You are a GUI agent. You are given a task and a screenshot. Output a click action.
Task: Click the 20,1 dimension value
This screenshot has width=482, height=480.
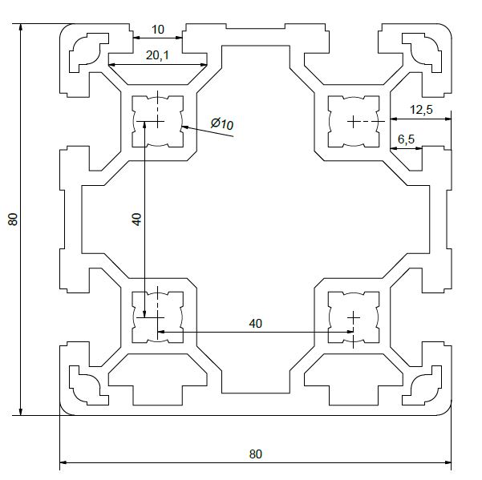[x=157, y=55]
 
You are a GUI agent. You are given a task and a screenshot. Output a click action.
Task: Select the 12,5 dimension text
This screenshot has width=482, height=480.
[x=421, y=110]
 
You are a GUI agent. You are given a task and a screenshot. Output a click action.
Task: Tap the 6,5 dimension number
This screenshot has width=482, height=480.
[x=406, y=139]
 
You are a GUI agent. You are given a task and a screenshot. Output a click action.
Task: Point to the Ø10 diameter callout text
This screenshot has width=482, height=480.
[x=222, y=123]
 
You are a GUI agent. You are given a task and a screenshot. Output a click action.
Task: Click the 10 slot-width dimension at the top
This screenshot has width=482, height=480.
[x=158, y=30]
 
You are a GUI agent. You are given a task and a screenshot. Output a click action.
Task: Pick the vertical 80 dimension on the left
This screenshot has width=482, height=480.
[x=14, y=219]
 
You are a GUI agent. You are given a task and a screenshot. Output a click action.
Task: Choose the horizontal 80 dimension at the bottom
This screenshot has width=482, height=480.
[x=256, y=454]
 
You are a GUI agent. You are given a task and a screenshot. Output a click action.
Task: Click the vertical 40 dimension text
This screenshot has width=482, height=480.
[x=137, y=220]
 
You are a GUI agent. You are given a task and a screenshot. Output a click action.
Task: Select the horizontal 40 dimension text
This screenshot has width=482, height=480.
[x=256, y=324]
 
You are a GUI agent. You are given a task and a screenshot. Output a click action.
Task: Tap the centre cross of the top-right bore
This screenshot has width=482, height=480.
[x=353, y=122]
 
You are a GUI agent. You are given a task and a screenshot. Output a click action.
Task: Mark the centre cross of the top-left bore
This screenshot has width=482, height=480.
[x=158, y=121]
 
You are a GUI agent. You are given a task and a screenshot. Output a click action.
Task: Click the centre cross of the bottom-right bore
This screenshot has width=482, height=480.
[x=354, y=317]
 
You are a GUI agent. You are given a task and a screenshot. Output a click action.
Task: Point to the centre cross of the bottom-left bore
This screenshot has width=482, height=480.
[x=158, y=317]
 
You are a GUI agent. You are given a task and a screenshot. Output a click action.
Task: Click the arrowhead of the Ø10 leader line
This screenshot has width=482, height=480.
[x=181, y=126]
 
